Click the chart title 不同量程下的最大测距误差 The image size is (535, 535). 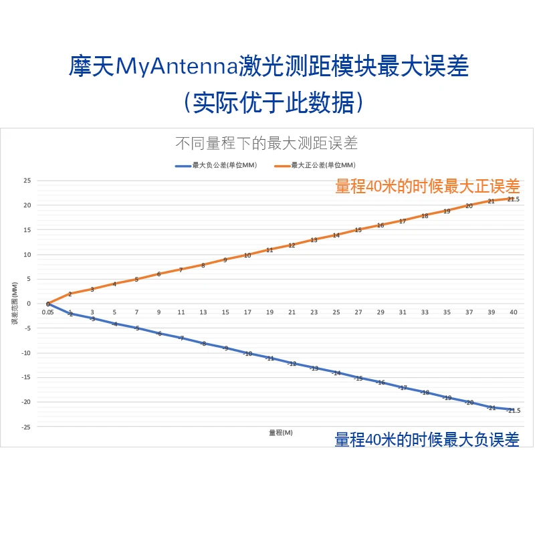266,142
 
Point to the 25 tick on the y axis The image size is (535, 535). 27,181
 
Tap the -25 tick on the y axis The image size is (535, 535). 26,427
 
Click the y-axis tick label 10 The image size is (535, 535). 27,255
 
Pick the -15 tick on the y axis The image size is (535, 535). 26,377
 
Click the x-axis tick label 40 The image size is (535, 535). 514,312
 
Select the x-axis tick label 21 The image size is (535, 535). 292,312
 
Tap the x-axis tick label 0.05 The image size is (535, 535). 48,312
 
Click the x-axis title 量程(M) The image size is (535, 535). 281,433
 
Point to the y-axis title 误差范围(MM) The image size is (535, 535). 14,304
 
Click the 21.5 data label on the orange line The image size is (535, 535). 514,199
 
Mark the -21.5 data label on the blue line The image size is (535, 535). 512,411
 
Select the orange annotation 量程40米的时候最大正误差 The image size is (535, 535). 427,187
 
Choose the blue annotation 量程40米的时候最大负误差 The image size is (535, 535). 427,439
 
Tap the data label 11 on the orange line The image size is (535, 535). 270,250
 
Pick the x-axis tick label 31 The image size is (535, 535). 403,312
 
